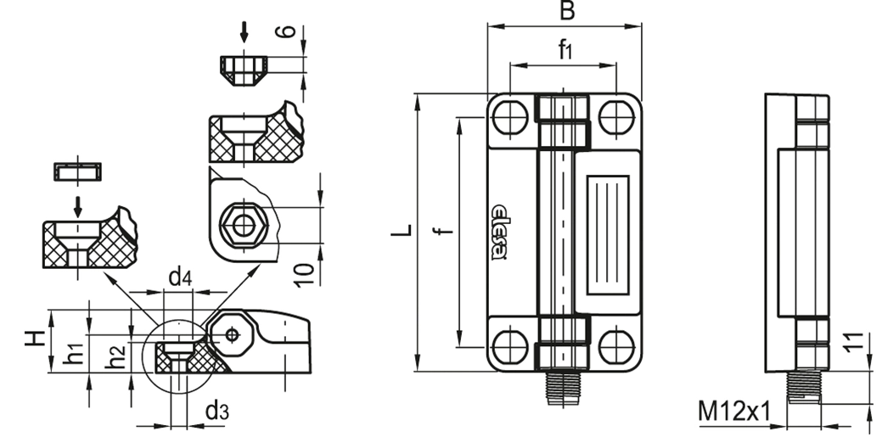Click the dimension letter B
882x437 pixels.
[x=567, y=11]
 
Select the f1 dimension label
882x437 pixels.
[x=565, y=50]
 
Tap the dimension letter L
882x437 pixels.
[x=402, y=230]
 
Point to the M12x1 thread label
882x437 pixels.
[x=733, y=412]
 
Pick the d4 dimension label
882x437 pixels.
[x=180, y=277]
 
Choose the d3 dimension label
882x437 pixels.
[x=217, y=412]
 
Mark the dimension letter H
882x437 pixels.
[x=35, y=338]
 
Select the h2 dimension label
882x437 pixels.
[x=116, y=356]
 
